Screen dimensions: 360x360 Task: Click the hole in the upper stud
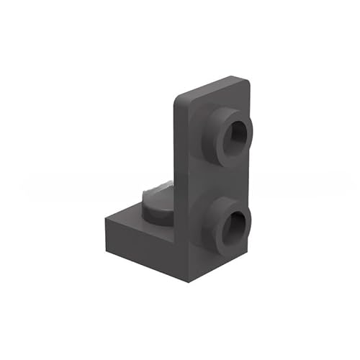coord(235,134)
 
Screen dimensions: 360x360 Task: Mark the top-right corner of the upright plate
coord(248,77)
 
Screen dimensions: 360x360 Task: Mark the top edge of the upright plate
coord(212,85)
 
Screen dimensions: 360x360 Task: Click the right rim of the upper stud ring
coord(253,134)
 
